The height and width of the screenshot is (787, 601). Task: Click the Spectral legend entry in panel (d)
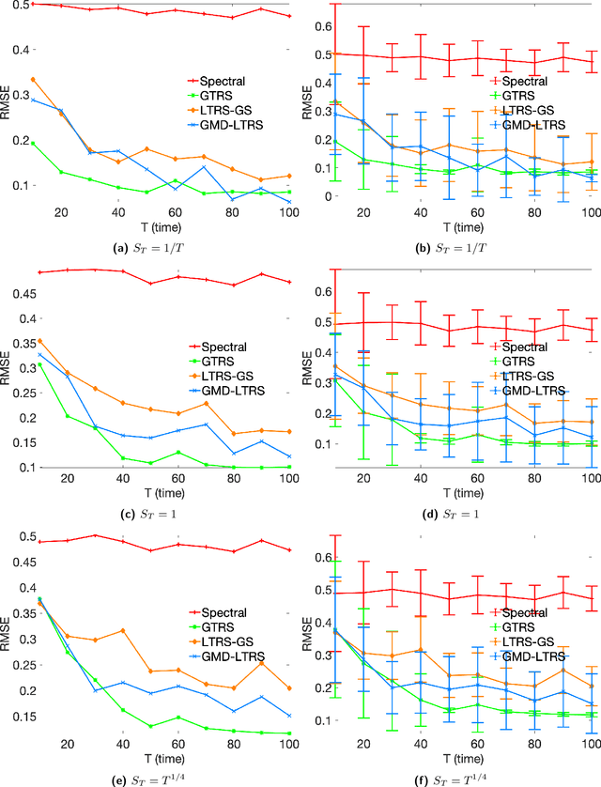(x=530, y=347)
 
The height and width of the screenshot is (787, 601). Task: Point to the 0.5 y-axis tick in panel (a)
(x=20, y=5)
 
